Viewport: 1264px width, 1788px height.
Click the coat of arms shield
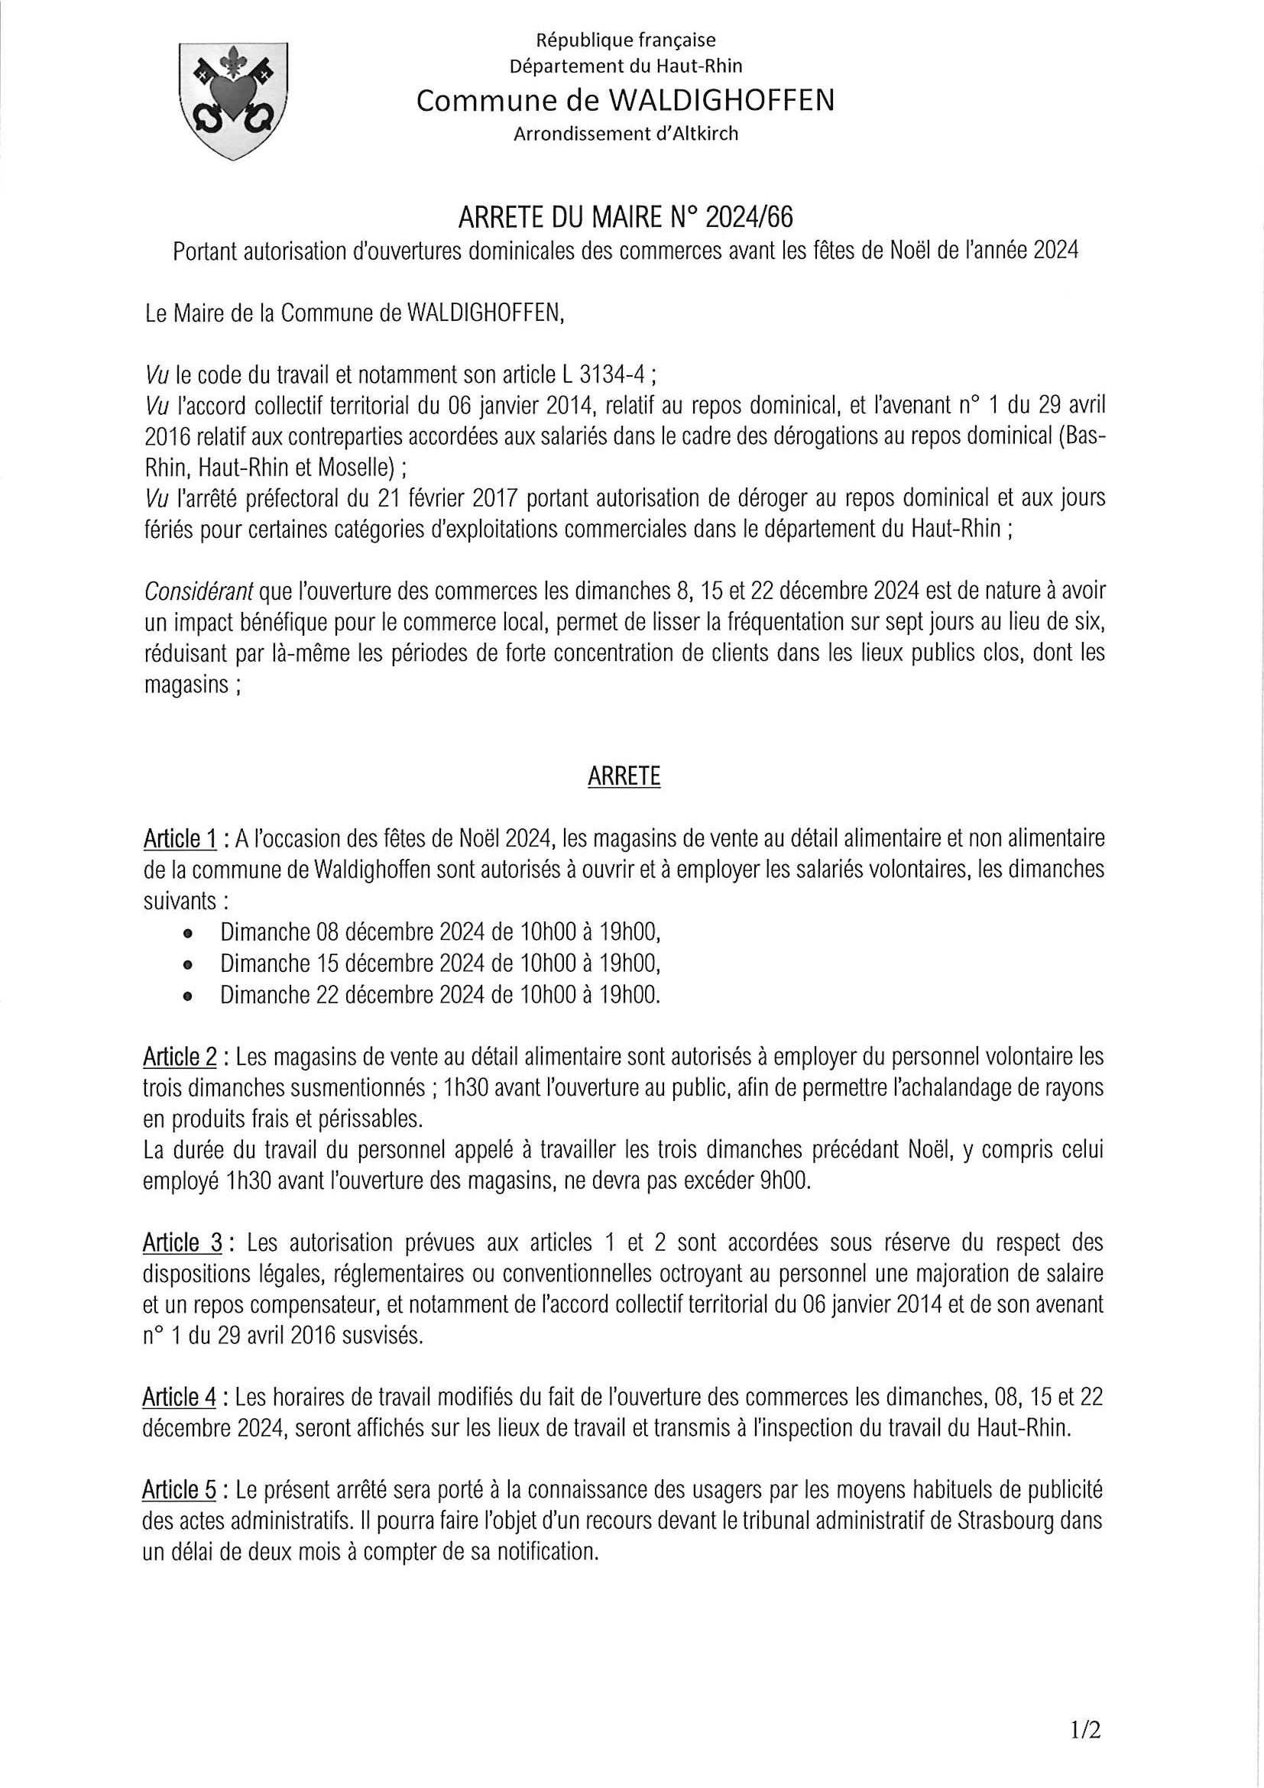click(x=233, y=99)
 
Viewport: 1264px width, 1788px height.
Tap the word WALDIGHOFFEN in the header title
click(x=718, y=100)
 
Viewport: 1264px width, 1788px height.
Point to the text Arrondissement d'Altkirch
click(x=625, y=134)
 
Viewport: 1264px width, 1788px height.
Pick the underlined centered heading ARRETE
click(x=624, y=777)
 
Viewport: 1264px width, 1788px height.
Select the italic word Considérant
click(x=199, y=593)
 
